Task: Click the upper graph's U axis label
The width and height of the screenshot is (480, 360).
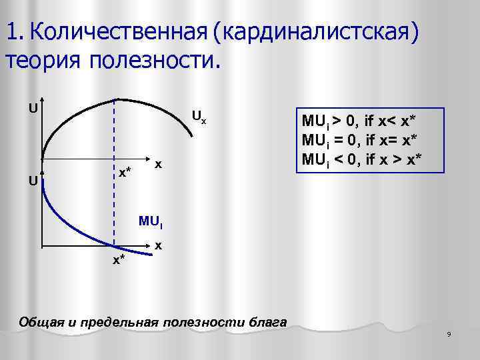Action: (x=31, y=107)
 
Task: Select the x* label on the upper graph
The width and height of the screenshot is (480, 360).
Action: (x=125, y=173)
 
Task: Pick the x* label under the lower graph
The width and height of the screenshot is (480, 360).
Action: (x=119, y=259)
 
